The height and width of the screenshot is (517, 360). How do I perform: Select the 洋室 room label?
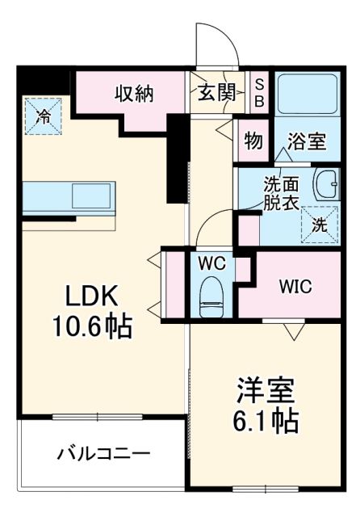pos(262,389)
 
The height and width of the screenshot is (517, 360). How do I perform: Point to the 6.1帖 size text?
pos(262,420)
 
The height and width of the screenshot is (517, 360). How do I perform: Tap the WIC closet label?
pos(295,287)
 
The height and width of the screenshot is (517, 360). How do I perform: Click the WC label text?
pos(212,264)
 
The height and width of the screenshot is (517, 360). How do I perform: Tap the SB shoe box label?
pos(259,91)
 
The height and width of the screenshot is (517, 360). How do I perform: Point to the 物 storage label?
pos(253,141)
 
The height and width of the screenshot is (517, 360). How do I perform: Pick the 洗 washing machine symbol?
pos(320,224)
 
